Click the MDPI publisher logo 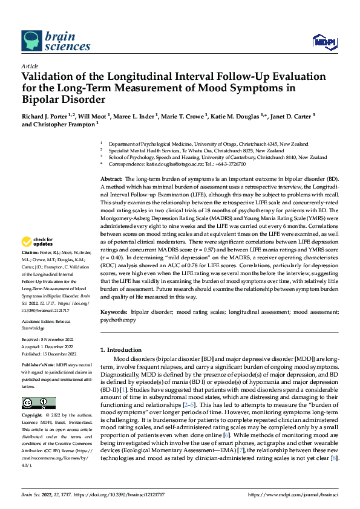324,41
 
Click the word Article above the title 30,66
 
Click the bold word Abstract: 111,180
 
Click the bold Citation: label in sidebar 30,268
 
